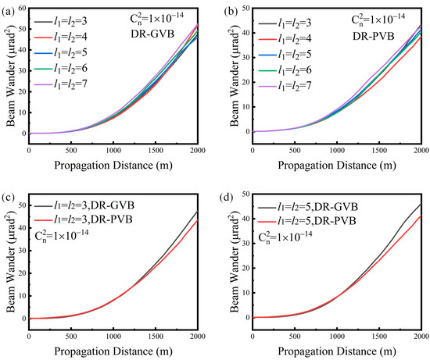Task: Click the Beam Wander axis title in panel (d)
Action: pyautogui.click(x=234, y=257)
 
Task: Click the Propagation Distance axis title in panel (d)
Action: pyautogui.click(x=336, y=350)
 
